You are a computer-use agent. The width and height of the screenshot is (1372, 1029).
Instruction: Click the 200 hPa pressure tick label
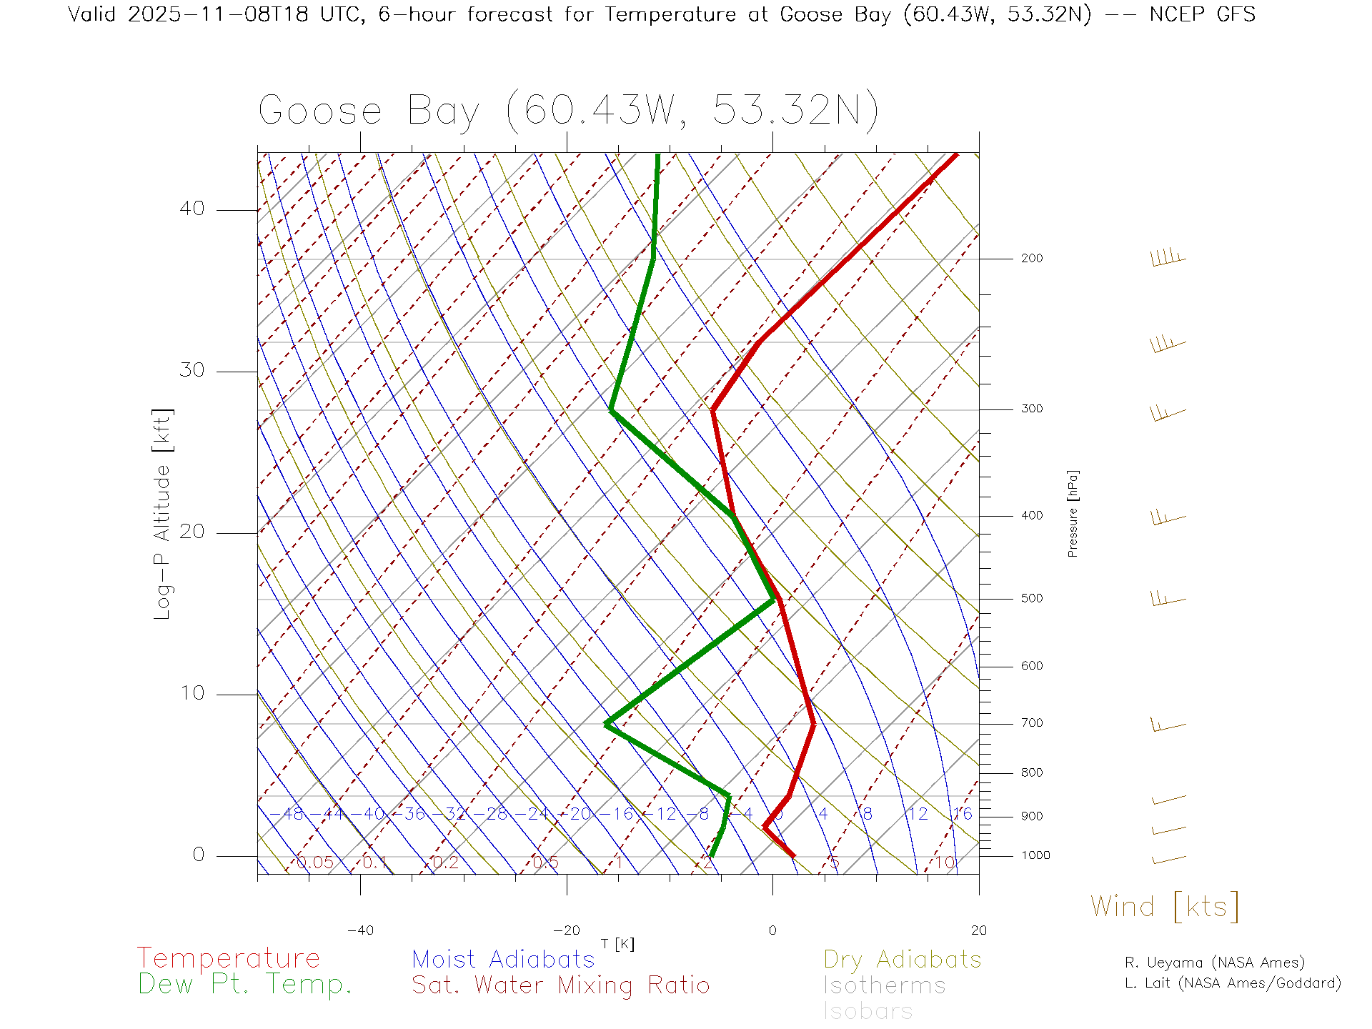[x=1031, y=259]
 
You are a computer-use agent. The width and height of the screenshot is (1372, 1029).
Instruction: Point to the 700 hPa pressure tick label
[x=1031, y=723]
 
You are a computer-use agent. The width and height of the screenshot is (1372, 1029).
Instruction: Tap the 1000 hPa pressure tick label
[x=1035, y=855]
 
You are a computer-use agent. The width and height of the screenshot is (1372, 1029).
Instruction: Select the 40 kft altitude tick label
[x=192, y=209]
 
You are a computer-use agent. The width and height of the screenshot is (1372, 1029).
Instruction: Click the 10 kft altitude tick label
[x=192, y=693]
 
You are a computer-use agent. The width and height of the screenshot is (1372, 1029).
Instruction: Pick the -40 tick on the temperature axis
[x=360, y=930]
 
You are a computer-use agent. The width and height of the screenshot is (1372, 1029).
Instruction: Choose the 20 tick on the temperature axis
[x=978, y=930]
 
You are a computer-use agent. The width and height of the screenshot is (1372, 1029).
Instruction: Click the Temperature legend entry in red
[x=228, y=958]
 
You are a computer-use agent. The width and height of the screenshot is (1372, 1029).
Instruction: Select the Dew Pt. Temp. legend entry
[x=245, y=985]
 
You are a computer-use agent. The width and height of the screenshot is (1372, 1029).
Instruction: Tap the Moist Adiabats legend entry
[x=503, y=959]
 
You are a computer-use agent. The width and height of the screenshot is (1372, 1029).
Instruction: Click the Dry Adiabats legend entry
[x=902, y=959]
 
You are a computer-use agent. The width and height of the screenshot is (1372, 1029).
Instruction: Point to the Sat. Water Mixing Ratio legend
[x=560, y=985]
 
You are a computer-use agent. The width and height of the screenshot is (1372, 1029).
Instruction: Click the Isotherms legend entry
[x=884, y=986]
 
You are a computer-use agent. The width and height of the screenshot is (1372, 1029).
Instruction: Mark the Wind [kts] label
[x=1165, y=907]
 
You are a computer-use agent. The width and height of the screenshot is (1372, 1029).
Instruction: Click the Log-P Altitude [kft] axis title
[x=163, y=514]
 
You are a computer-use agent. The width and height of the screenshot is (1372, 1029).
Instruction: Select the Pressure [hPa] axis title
[x=1073, y=513]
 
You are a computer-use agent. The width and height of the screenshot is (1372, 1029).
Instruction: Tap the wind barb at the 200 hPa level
[x=1168, y=258]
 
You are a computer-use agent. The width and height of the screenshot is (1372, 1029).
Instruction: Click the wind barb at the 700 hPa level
[x=1168, y=725]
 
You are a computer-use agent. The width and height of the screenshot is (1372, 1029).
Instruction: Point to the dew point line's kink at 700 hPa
[x=606, y=724]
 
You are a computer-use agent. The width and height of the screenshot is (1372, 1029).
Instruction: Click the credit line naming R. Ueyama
[x=1214, y=963]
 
